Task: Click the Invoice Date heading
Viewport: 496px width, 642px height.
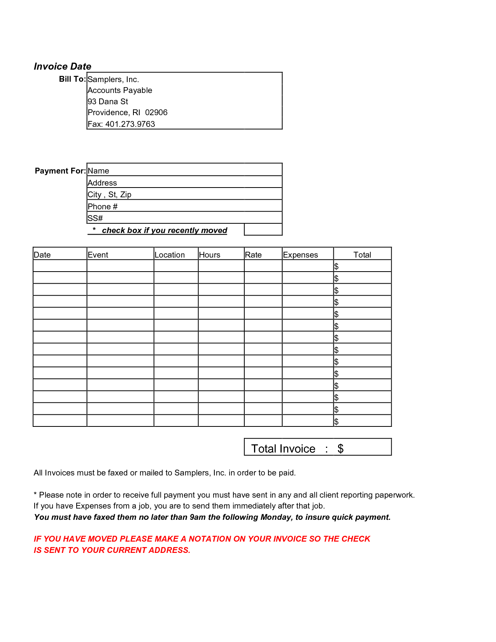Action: [62, 67]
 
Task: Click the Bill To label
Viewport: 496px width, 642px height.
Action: [72, 79]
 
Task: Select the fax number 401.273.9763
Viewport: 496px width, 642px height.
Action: [130, 124]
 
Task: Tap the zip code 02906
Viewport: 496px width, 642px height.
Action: [156, 112]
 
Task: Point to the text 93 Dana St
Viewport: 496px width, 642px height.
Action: [108, 102]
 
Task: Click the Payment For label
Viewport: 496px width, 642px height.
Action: [60, 171]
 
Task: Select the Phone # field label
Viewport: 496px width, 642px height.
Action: [102, 207]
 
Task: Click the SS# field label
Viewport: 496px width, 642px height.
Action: [95, 218]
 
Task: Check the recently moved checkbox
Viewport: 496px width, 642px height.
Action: [263, 230]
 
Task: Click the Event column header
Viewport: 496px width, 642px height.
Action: [98, 255]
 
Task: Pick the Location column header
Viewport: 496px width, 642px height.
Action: [170, 255]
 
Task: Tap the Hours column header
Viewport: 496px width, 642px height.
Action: [209, 255]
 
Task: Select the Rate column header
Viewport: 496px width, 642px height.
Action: [253, 255]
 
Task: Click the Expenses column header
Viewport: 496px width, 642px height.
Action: [300, 255]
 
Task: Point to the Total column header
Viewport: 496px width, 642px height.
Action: [362, 255]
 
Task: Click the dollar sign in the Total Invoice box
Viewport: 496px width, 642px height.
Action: [340, 449]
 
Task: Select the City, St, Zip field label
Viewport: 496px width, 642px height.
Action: [109, 195]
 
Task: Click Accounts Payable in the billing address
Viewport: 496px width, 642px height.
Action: [120, 90]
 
